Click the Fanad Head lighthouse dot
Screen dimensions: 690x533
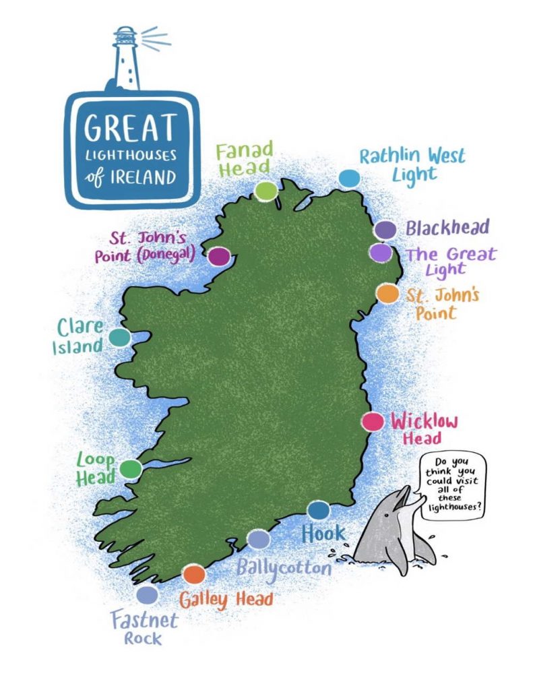(x=266, y=191)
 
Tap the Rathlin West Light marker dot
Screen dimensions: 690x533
(x=349, y=178)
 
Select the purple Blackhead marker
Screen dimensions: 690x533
(x=385, y=230)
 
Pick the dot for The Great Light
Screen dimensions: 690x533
(x=381, y=253)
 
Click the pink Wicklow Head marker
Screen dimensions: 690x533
(x=371, y=422)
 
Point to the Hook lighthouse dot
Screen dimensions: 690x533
(x=318, y=510)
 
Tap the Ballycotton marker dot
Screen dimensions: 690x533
(x=259, y=539)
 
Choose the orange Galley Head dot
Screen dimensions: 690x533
(x=194, y=574)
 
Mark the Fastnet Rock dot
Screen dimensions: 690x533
(x=147, y=595)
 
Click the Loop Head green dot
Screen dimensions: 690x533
(x=130, y=468)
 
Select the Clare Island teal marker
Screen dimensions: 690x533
(x=119, y=337)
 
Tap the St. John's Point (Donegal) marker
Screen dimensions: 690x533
(x=218, y=256)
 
